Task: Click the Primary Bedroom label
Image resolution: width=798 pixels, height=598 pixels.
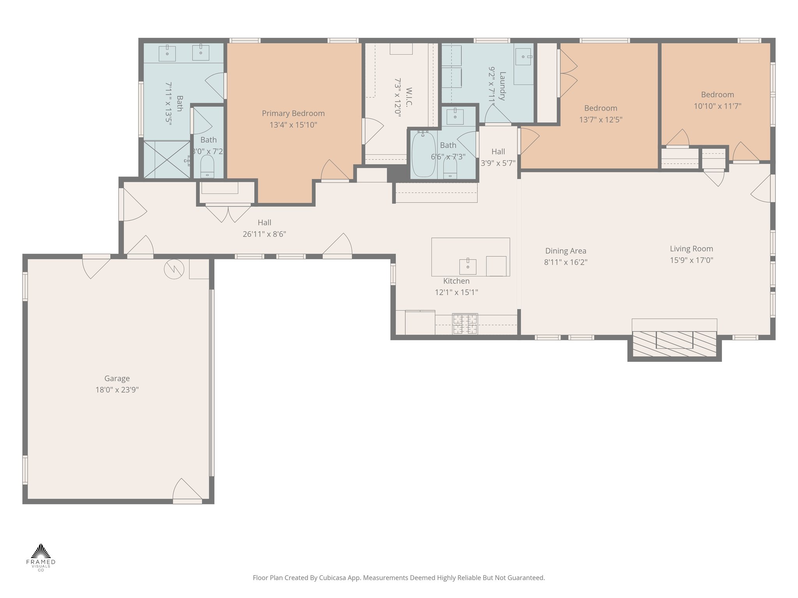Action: pyautogui.click(x=293, y=113)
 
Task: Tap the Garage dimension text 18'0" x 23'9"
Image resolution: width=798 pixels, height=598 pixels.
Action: pyautogui.click(x=117, y=390)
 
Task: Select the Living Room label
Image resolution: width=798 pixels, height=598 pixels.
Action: pyautogui.click(x=691, y=249)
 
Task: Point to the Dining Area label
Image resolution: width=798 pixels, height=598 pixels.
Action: pyautogui.click(x=565, y=251)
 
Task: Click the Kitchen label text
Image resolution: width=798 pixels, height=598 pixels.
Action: pyautogui.click(x=456, y=281)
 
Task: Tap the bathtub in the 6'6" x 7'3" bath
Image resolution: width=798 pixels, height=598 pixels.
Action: pyautogui.click(x=424, y=155)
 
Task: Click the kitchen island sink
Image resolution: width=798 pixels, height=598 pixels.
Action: pyautogui.click(x=468, y=266)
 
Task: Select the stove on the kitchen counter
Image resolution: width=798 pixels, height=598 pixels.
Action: pyautogui.click(x=465, y=324)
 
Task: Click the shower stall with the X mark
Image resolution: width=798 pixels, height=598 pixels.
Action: pyautogui.click(x=167, y=160)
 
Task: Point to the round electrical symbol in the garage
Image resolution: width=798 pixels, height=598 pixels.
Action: pyautogui.click(x=174, y=269)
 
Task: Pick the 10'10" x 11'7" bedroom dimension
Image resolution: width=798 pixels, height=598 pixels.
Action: pyautogui.click(x=717, y=106)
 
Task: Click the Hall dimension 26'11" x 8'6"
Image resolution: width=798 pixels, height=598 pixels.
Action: pyautogui.click(x=265, y=234)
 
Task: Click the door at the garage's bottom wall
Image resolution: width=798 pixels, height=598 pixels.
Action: pyautogui.click(x=187, y=491)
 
